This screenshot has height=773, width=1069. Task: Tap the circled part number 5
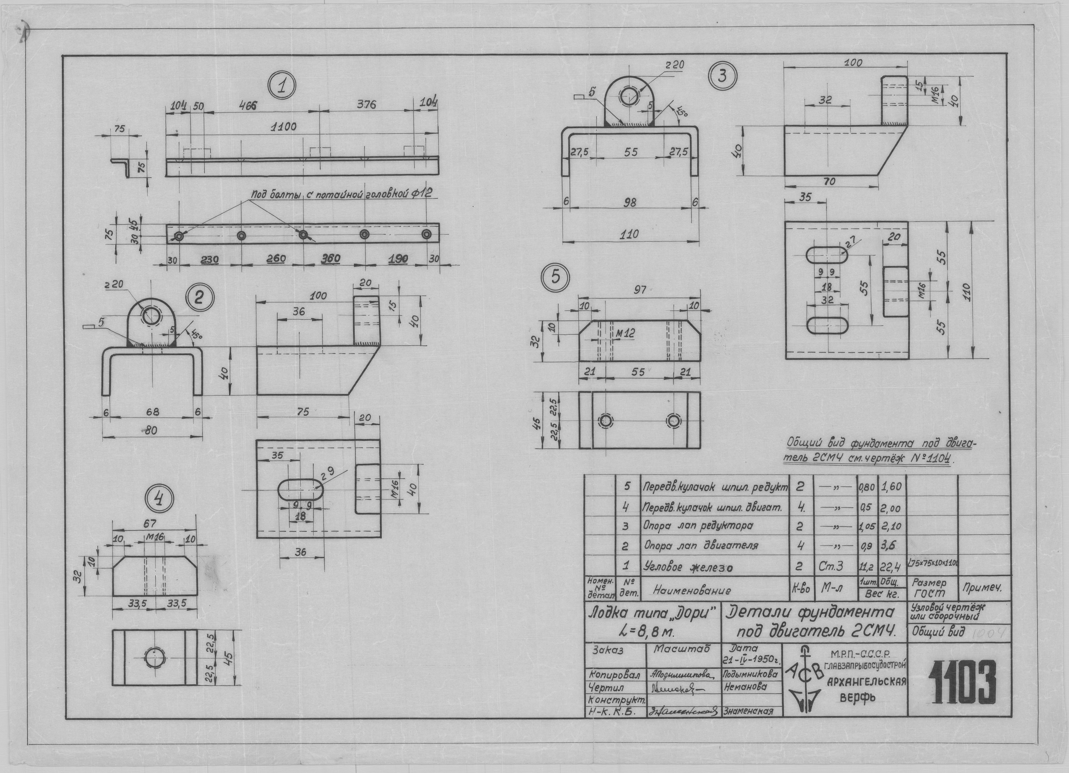556,278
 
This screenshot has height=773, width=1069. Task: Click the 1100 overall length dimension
284,127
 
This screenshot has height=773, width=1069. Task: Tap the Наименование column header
692,590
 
